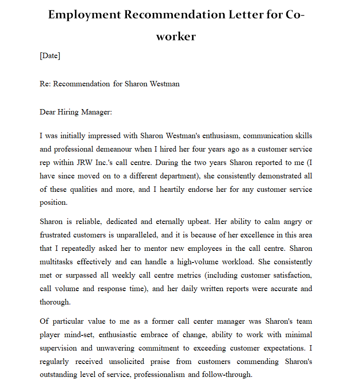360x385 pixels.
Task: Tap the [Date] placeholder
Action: (50, 56)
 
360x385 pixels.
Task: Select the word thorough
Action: (55, 302)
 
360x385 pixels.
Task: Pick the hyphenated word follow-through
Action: (230, 375)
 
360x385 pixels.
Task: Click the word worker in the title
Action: (176, 36)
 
